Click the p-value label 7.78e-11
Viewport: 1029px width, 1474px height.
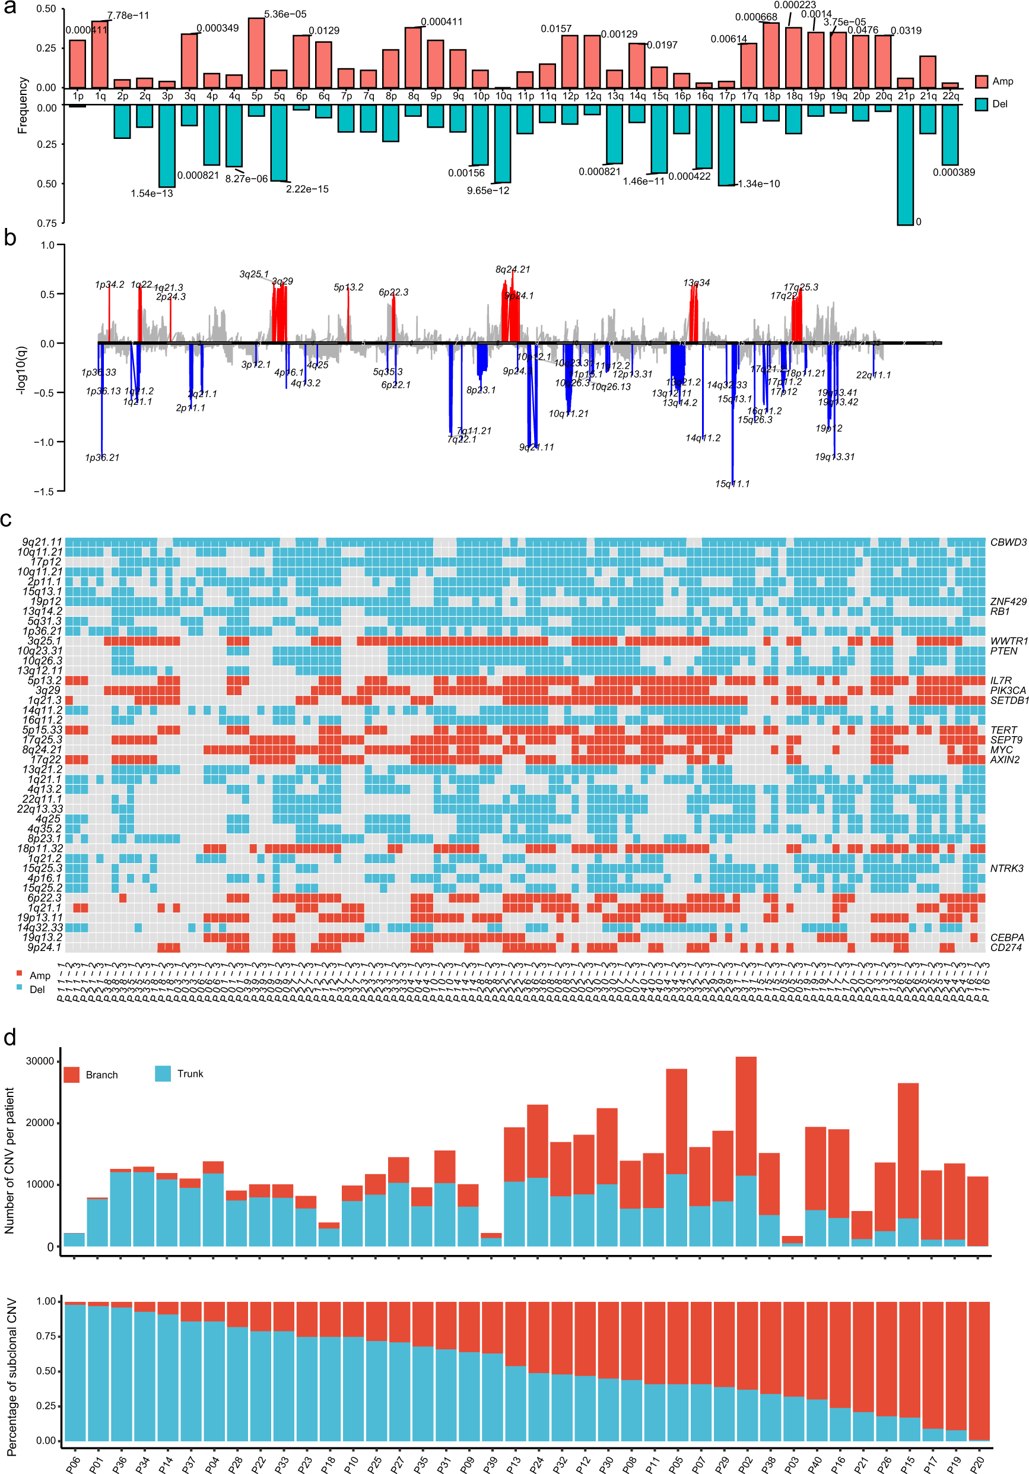[x=128, y=15]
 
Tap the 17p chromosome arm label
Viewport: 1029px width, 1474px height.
[x=727, y=96]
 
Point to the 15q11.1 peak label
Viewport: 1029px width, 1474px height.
[x=732, y=483]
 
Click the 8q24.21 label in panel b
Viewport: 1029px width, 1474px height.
[x=512, y=270]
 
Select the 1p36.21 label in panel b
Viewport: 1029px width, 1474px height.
[x=102, y=458]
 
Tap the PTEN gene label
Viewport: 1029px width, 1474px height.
[x=1003, y=651]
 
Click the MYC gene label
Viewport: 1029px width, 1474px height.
[x=1001, y=750]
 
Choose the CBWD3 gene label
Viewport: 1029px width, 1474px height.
[x=1008, y=543]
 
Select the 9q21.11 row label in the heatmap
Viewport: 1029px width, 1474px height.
[x=42, y=543]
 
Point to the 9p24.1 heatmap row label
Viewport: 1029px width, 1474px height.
[x=45, y=947]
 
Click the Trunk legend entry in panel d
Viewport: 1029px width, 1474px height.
[x=189, y=1074]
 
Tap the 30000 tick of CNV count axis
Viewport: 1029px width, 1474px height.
[x=40, y=1061]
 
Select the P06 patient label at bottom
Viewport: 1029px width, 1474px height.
[x=72, y=1459]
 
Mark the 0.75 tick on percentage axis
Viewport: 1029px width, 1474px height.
[x=46, y=1336]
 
